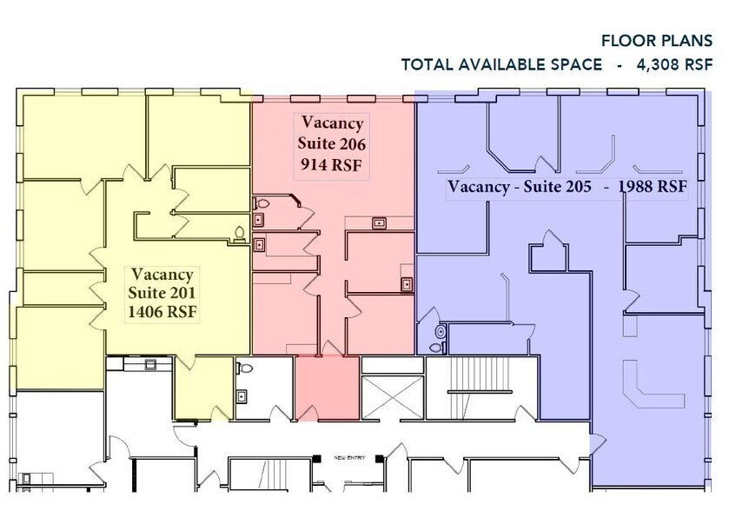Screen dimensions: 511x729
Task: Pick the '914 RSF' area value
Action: click(x=332, y=163)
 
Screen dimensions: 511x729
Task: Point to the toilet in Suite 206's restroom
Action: click(x=258, y=204)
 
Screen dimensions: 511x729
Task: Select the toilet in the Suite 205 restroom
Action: click(x=441, y=332)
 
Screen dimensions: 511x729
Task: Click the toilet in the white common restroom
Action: click(x=246, y=369)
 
